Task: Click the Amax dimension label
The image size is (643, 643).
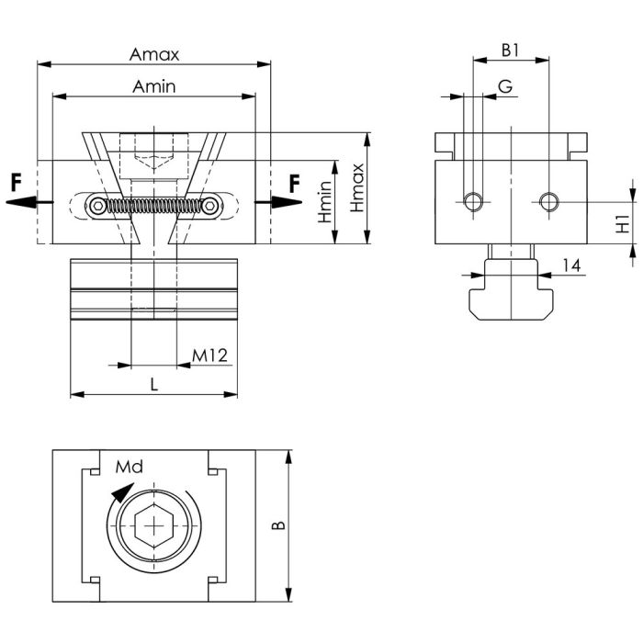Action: point(154,54)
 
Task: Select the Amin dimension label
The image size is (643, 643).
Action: point(154,86)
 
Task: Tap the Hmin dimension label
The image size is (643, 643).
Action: point(325,202)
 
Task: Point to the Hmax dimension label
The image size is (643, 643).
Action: point(356,187)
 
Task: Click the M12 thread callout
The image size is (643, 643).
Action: point(209,355)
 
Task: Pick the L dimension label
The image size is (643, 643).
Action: point(154,385)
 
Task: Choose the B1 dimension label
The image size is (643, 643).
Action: point(511,51)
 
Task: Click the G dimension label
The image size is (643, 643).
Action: point(505,86)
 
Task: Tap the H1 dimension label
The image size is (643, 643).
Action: point(623,224)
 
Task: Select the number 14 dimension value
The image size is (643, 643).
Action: point(571,265)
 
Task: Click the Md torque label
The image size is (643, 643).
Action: point(130,467)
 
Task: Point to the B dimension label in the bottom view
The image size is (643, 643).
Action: point(278,525)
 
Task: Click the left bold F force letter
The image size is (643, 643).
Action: point(16,183)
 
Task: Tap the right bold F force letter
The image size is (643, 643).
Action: point(295,184)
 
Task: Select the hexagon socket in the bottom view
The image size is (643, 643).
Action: point(154,525)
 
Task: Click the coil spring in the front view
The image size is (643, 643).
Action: point(154,206)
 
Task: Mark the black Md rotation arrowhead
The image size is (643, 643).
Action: point(122,492)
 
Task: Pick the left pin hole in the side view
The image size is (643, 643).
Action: point(474,202)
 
